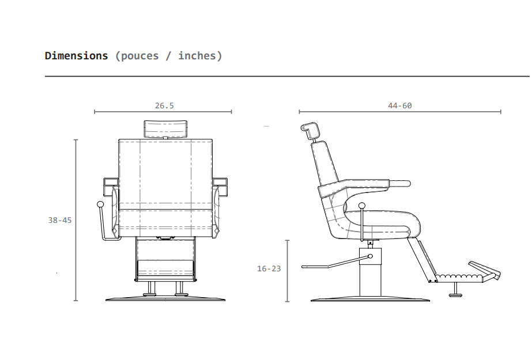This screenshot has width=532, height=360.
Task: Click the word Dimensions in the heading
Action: coord(76,56)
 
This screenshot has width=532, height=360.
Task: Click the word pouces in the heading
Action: coord(139,56)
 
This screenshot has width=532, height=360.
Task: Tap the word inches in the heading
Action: coord(197,56)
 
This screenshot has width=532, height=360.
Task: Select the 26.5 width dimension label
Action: coord(164,106)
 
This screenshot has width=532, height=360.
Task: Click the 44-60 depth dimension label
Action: coord(399,106)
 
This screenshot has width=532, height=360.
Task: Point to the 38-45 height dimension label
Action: coord(60,221)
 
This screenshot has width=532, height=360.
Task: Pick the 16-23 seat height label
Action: coord(269,269)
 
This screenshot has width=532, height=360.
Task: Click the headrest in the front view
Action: coord(165,129)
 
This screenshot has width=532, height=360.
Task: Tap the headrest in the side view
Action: coord(310,131)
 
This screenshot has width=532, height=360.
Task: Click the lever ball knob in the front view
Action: coord(100,204)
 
